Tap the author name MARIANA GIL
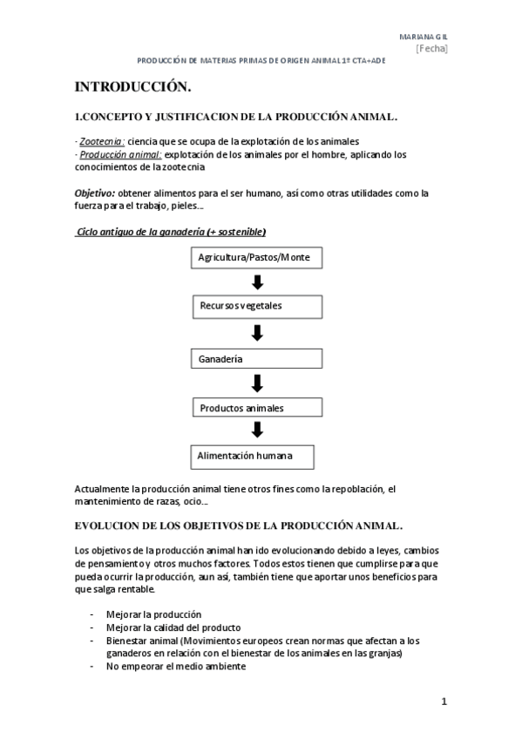[423, 36]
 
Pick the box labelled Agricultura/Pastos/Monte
[254, 258]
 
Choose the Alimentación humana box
[252, 456]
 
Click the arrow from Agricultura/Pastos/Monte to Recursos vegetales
[257, 282]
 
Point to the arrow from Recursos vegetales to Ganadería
[257, 332]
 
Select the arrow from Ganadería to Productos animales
[257, 382]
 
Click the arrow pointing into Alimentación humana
[257, 431]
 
